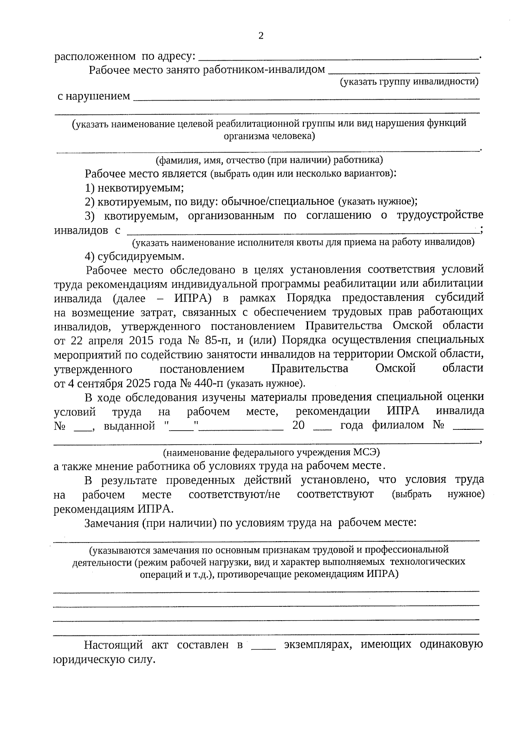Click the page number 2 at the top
point(261,36)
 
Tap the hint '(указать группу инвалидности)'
point(409,82)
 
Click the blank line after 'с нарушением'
point(306,98)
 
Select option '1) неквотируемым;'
point(134,188)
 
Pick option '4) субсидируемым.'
point(135,256)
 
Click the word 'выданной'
point(129,426)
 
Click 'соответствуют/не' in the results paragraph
point(234,494)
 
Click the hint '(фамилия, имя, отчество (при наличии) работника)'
point(269,160)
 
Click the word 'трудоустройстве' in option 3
point(440,216)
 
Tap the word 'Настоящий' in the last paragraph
point(113,645)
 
